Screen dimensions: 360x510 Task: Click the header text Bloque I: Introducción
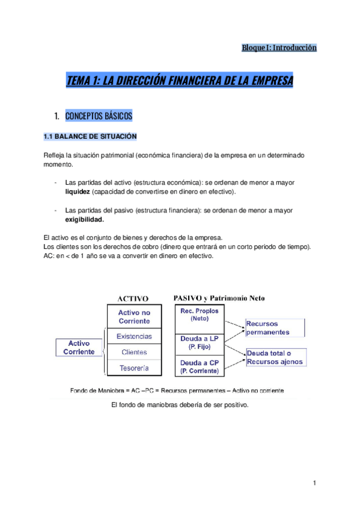(278, 48)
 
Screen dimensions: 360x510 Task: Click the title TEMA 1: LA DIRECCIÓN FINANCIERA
(180, 81)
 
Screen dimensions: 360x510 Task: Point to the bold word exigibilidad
(84, 220)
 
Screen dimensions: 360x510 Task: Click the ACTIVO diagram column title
(132, 298)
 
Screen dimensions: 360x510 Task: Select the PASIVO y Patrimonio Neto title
(219, 298)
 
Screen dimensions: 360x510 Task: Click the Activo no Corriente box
(134, 316)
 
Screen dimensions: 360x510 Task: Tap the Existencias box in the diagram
(134, 336)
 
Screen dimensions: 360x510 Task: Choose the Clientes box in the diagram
(134, 352)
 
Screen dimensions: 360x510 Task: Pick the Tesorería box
(134, 367)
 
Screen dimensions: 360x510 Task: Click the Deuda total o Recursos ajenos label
(274, 357)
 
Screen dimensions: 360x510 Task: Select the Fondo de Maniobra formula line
(177, 390)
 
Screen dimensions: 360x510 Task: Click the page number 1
(314, 483)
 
